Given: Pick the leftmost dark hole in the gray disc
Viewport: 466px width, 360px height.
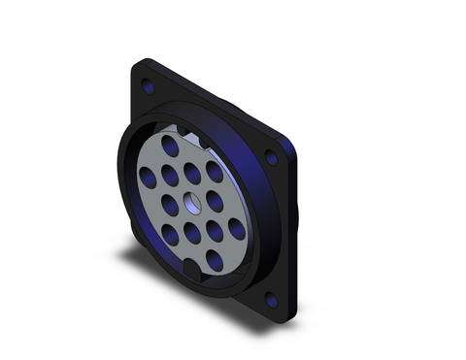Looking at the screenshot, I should pyautogui.click(x=148, y=179).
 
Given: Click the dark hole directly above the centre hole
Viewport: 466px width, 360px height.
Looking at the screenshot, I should pyautogui.click(x=192, y=173).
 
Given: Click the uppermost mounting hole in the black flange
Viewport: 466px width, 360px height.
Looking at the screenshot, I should pyautogui.click(x=149, y=87).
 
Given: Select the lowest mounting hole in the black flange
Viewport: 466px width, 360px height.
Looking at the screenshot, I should pyautogui.click(x=271, y=301).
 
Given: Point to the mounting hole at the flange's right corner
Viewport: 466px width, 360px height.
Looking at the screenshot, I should pyautogui.click(x=271, y=157).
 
